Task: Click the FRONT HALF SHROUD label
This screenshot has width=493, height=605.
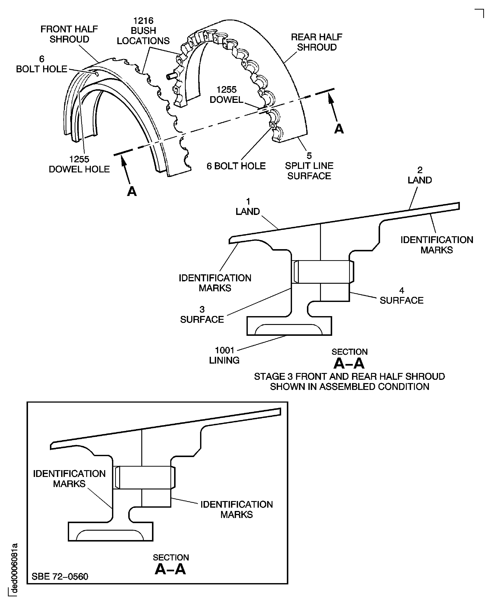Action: (x=69, y=34)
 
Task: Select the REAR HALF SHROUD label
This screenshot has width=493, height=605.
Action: (x=317, y=42)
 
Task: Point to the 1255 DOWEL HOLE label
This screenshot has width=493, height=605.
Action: (x=79, y=164)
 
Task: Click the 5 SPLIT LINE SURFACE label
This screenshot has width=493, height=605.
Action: (x=309, y=166)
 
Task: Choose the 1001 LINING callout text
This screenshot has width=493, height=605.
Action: (x=224, y=355)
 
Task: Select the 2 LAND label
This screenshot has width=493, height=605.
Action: (x=419, y=175)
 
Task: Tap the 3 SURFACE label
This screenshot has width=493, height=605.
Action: (x=202, y=314)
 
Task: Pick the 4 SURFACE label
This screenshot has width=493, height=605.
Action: (x=401, y=295)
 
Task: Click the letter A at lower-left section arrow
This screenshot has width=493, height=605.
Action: (x=132, y=192)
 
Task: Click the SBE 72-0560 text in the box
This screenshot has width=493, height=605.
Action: (x=60, y=576)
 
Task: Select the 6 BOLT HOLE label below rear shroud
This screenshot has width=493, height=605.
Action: (x=236, y=166)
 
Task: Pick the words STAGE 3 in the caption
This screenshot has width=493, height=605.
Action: (x=273, y=377)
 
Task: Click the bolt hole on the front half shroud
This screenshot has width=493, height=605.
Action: (x=97, y=74)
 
